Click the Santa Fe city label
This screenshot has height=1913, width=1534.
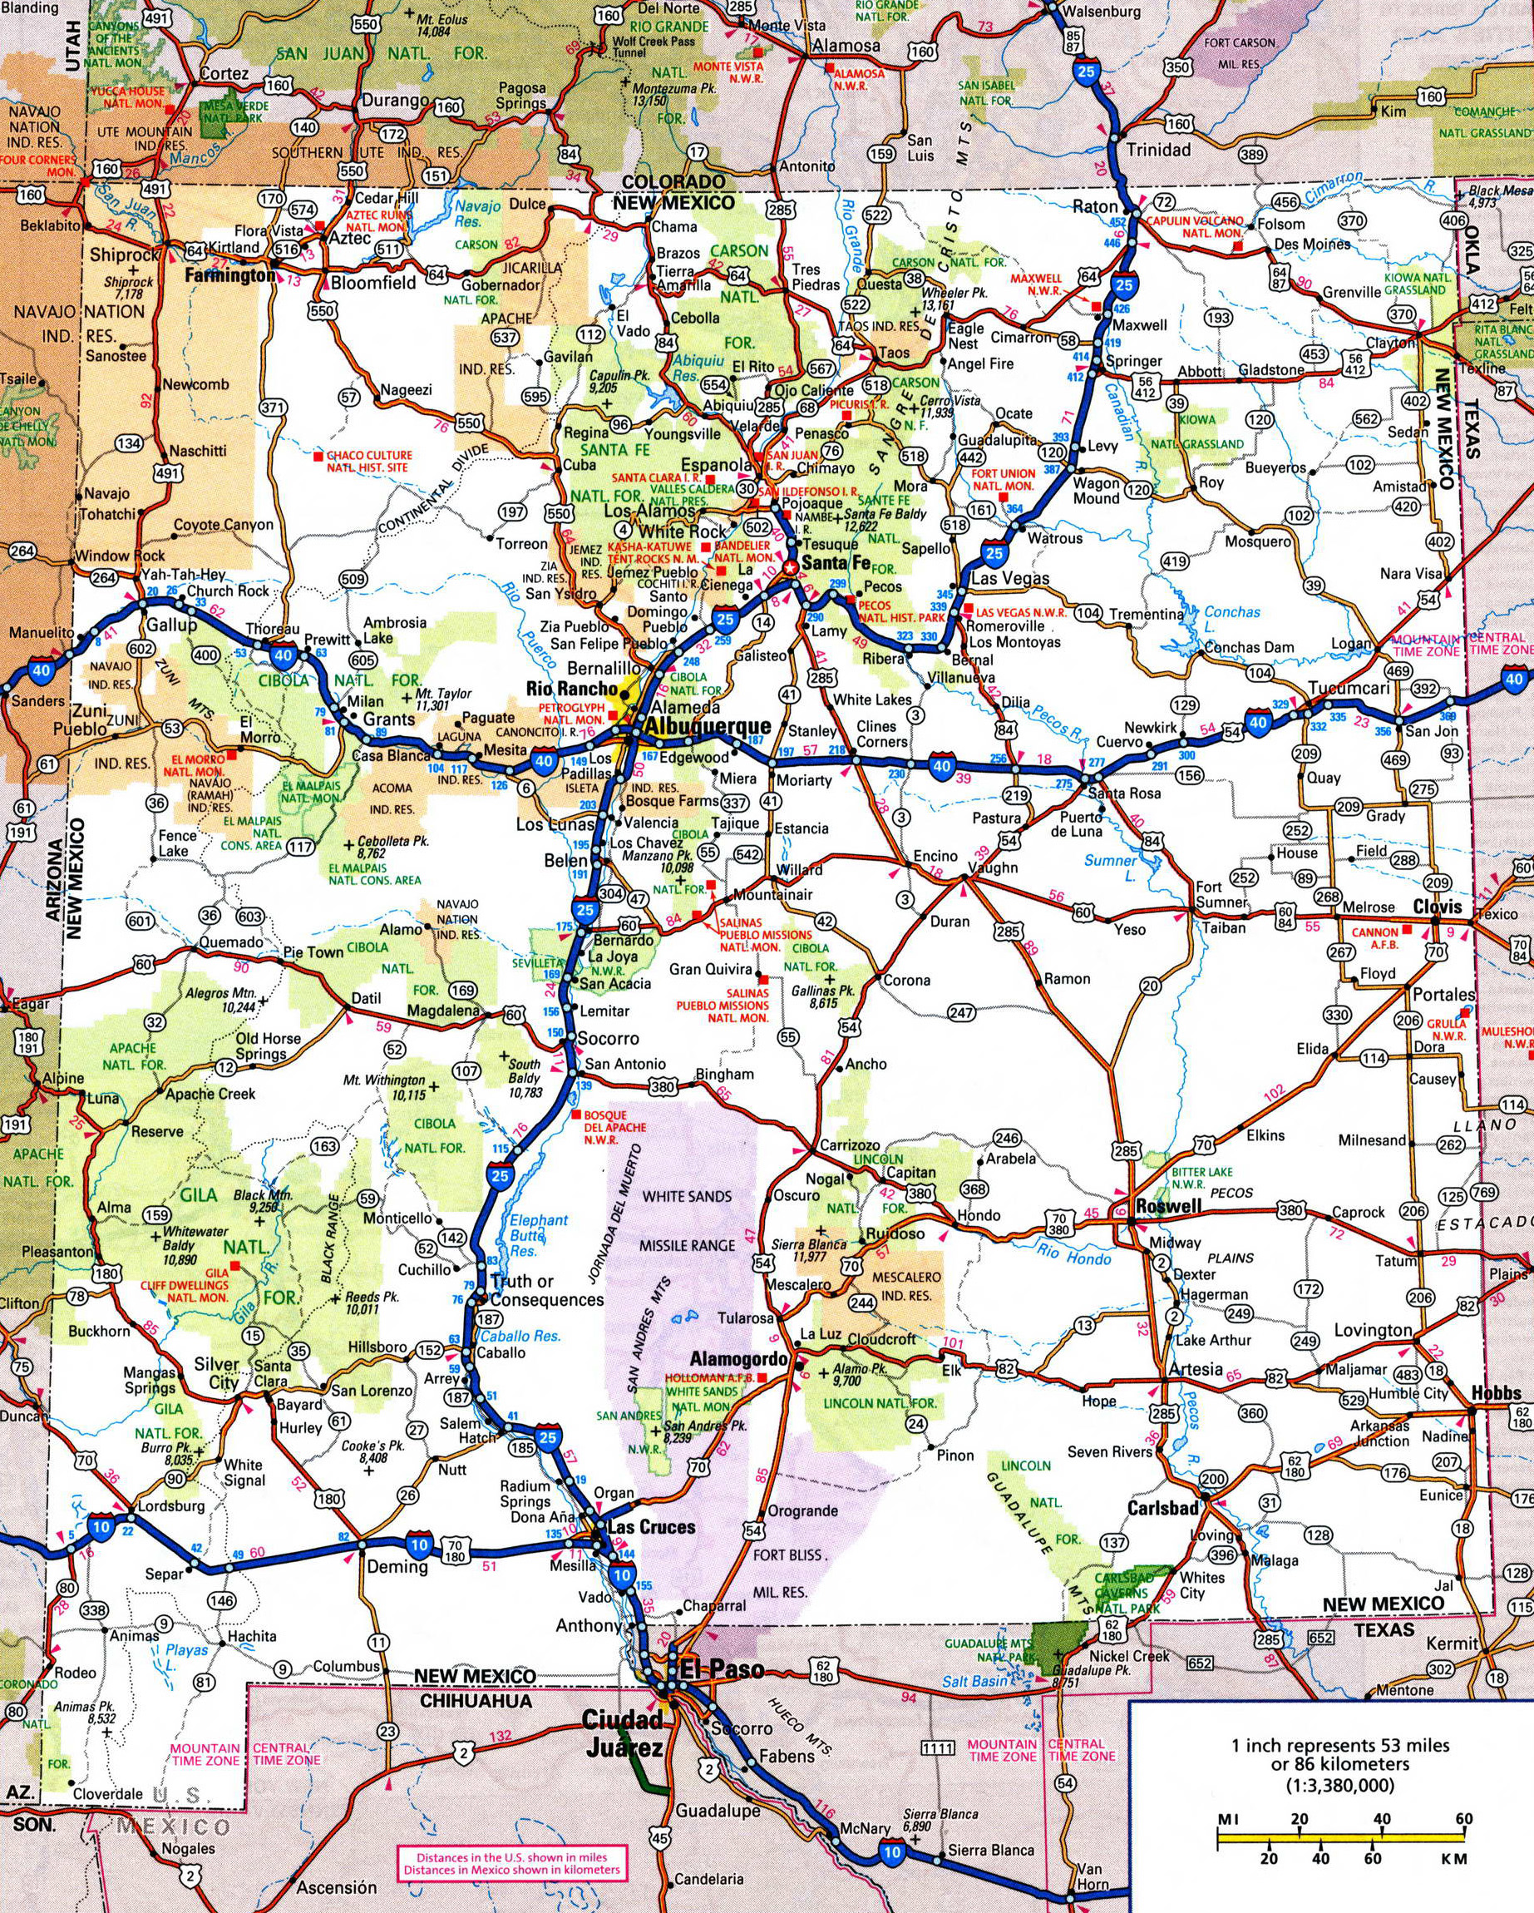835,562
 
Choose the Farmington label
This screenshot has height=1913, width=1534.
229,276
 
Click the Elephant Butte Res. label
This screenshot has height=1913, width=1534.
539,1234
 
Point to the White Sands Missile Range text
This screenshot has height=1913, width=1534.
688,1221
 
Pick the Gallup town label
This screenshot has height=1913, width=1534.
172,625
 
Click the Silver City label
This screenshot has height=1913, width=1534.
217,1373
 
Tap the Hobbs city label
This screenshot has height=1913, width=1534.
1496,1392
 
